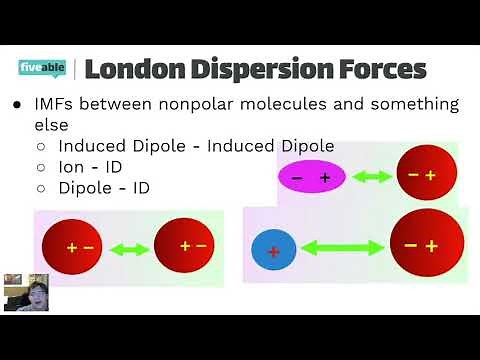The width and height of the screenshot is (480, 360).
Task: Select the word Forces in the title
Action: (384, 69)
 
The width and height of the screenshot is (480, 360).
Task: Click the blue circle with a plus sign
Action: (273, 250)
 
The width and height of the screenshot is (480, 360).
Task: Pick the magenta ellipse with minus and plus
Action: (311, 177)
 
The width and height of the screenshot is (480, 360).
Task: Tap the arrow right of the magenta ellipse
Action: (372, 177)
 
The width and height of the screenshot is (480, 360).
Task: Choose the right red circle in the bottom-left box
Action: (184, 244)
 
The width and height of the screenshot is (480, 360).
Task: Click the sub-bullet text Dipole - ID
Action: (104, 187)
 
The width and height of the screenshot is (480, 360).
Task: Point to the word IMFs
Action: (57, 104)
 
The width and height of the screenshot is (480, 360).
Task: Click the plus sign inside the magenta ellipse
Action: (325, 177)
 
